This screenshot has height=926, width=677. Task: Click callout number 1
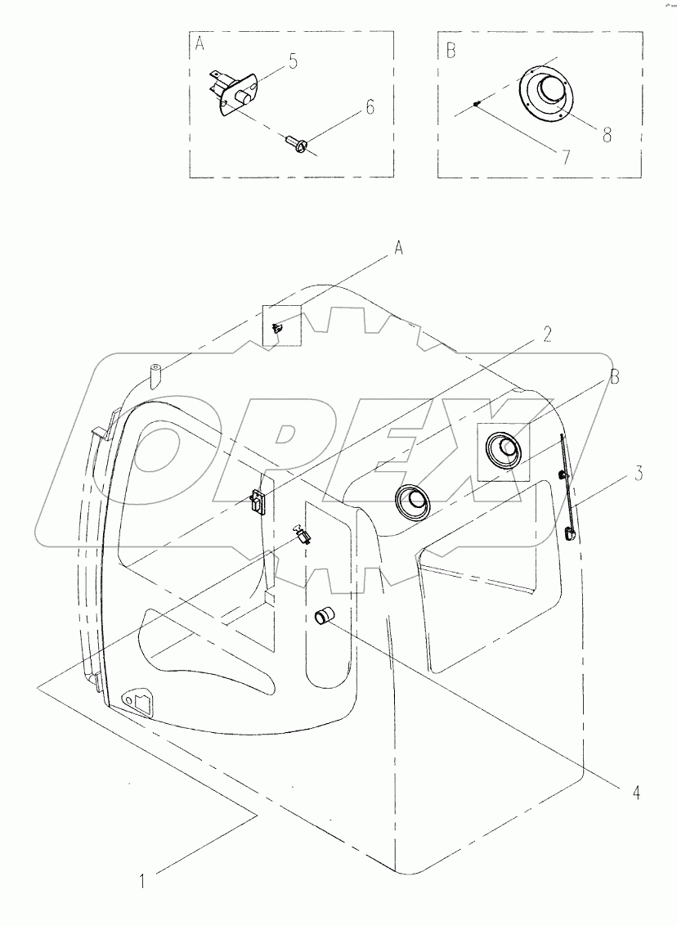[143, 881]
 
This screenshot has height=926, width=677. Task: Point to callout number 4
[634, 793]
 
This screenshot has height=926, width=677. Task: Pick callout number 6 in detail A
[370, 107]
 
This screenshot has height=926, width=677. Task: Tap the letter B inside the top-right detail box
[449, 51]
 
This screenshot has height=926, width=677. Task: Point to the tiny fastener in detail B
[476, 103]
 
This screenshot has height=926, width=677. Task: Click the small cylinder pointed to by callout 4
[326, 617]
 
